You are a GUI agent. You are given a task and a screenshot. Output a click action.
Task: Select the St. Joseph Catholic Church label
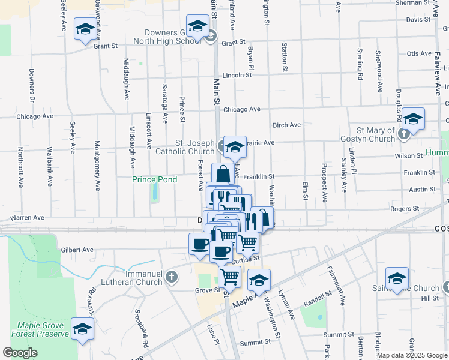click(x=186, y=147)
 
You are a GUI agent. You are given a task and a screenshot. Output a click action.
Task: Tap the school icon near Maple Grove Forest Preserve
click(x=82, y=329)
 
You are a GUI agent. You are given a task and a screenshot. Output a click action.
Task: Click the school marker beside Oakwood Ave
click(x=85, y=29)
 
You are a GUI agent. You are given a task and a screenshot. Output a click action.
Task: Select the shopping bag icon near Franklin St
click(x=223, y=174)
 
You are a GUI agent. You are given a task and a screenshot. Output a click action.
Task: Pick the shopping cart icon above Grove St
click(x=229, y=277)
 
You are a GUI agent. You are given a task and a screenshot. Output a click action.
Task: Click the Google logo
click(x=20, y=353)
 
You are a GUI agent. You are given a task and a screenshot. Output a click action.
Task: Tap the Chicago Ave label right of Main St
click(x=241, y=109)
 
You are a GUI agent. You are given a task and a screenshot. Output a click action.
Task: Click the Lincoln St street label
click(x=236, y=76)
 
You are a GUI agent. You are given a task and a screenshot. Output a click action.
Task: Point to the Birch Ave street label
click(x=286, y=125)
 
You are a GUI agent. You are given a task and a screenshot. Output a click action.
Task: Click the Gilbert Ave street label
click(x=77, y=250)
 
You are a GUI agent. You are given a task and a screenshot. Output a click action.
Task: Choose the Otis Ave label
click(x=419, y=53)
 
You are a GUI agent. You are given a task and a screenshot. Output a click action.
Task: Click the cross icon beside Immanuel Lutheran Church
click(x=172, y=277)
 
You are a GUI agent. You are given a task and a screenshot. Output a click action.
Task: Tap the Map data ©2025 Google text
click(x=412, y=355)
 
